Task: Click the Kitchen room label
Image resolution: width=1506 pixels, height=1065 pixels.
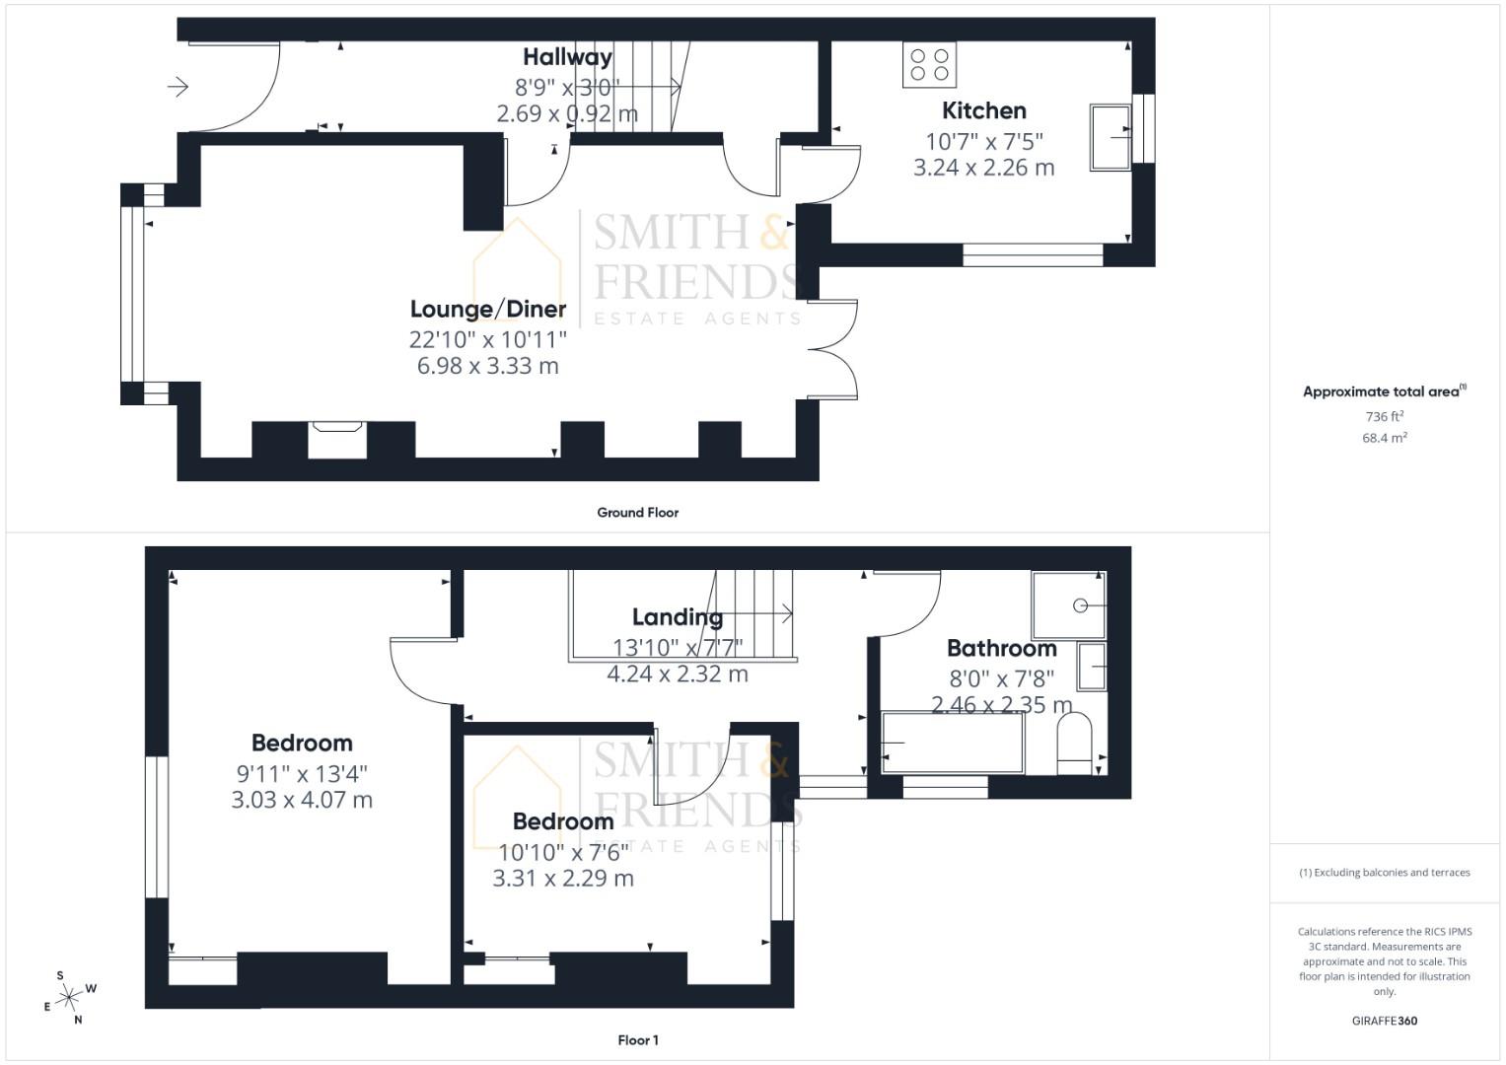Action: tap(983, 110)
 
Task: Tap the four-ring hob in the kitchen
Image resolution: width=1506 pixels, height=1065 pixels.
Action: tap(929, 65)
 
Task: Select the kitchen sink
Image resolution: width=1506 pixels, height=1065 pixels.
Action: tap(1110, 137)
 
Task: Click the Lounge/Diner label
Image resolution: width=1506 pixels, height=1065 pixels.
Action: tap(488, 309)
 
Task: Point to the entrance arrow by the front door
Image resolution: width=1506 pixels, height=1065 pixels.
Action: tap(179, 87)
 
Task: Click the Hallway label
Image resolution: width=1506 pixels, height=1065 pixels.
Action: tap(567, 57)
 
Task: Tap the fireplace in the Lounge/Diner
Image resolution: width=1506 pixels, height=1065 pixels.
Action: tap(337, 439)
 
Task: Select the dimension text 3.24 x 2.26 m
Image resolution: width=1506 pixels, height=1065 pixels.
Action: tap(983, 168)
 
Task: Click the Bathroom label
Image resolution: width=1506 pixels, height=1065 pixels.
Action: tap(1001, 648)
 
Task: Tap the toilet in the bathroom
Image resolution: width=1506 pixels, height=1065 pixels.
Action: tap(1074, 744)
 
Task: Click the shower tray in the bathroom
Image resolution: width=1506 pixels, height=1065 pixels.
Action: tap(1068, 604)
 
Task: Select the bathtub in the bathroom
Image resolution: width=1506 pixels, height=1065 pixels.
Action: tap(952, 743)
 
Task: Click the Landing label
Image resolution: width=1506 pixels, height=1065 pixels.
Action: tap(677, 617)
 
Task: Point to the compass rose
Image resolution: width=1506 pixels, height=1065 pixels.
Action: tap(69, 998)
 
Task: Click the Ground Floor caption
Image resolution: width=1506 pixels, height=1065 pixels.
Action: tap(637, 513)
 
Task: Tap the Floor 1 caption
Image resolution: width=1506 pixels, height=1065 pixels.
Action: tap(637, 1040)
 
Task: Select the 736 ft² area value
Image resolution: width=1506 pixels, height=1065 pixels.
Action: tap(1384, 417)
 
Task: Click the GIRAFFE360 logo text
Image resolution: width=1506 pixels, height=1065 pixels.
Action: tap(1384, 1021)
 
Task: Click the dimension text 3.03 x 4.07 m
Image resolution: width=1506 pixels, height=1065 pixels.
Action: tap(302, 800)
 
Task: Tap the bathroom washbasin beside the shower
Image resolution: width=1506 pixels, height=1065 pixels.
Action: tap(1091, 667)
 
